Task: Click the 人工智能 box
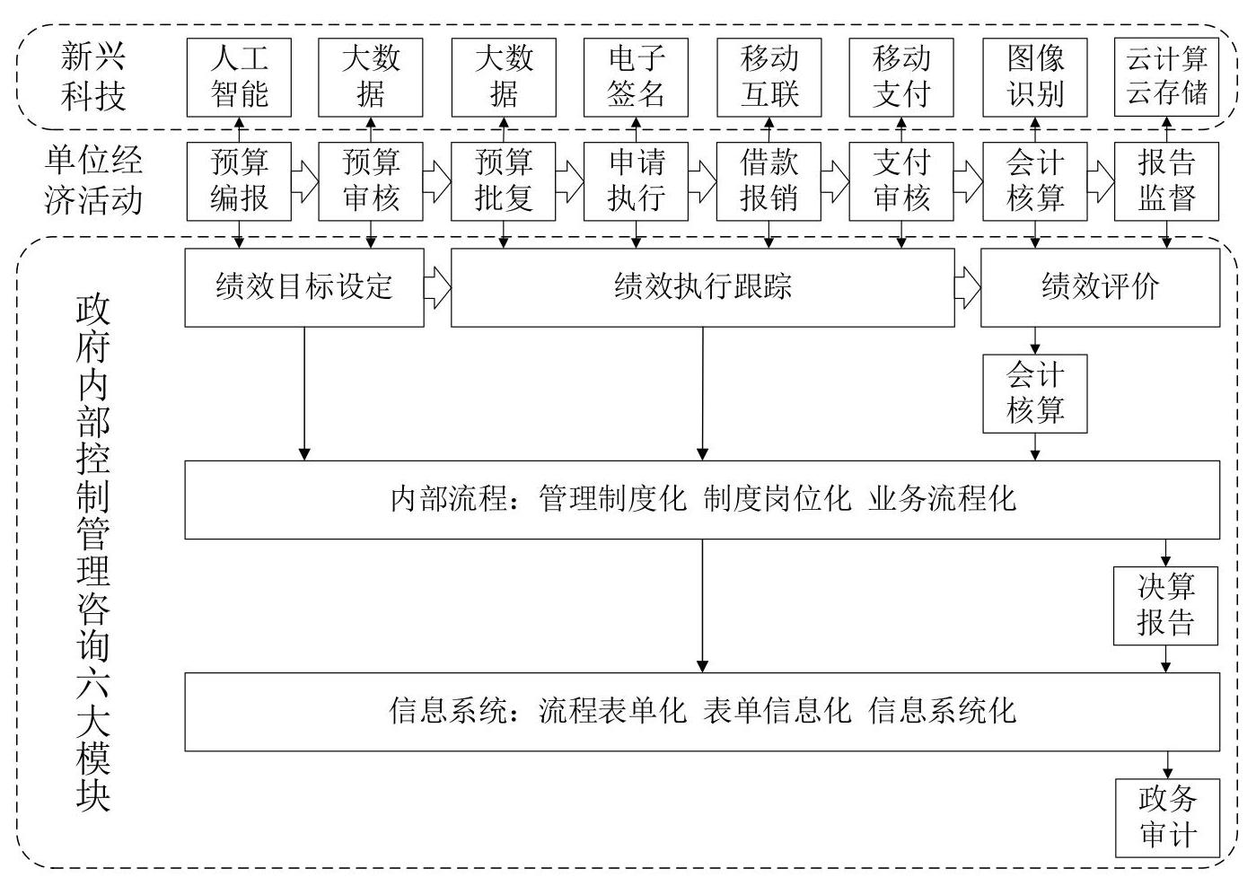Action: (x=239, y=77)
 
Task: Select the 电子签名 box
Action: (x=636, y=77)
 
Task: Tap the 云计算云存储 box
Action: (x=1166, y=77)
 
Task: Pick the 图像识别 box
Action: (x=1035, y=77)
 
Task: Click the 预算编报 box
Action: (x=239, y=181)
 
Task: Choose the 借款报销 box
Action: (x=769, y=181)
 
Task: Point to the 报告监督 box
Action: (x=1166, y=181)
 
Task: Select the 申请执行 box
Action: (x=636, y=181)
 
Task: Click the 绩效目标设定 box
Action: (x=304, y=287)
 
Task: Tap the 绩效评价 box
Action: (x=1100, y=287)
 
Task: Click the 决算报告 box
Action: (x=1165, y=606)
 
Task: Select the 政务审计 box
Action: (x=1167, y=818)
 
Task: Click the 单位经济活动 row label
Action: (x=93, y=180)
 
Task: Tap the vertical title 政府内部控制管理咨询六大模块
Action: (x=93, y=553)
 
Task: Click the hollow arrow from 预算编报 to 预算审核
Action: (x=305, y=181)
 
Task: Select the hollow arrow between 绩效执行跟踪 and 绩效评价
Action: (x=968, y=287)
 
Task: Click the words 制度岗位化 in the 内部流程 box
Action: (x=777, y=498)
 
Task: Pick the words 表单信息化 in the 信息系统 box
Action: (x=777, y=710)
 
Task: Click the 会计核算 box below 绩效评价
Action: (x=1035, y=394)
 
